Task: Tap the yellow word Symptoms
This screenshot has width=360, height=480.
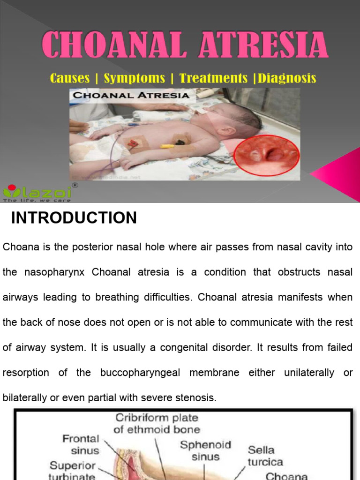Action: pos(135,78)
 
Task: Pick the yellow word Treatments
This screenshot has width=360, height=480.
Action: pos(214,78)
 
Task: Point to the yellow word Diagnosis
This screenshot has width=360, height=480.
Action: pos(287,78)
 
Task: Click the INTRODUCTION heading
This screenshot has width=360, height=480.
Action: pos(74,218)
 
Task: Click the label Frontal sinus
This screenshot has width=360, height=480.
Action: pos(81,444)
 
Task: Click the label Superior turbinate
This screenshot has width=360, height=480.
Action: pos(72,471)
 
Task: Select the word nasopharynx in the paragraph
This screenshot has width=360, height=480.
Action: pos(44,272)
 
